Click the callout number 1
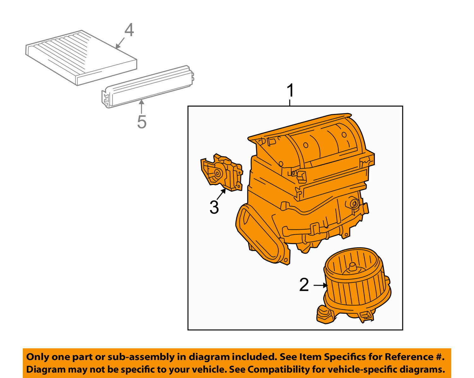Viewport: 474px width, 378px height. click(x=290, y=91)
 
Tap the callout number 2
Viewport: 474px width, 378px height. click(x=304, y=285)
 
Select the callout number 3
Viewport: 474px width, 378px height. click(x=214, y=207)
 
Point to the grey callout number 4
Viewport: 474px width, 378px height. click(x=129, y=31)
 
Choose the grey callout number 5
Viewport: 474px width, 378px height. click(x=142, y=122)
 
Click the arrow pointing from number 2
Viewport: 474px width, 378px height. click(x=320, y=285)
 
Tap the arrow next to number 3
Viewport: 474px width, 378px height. click(x=222, y=194)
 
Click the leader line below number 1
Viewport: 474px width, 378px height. click(x=290, y=102)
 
